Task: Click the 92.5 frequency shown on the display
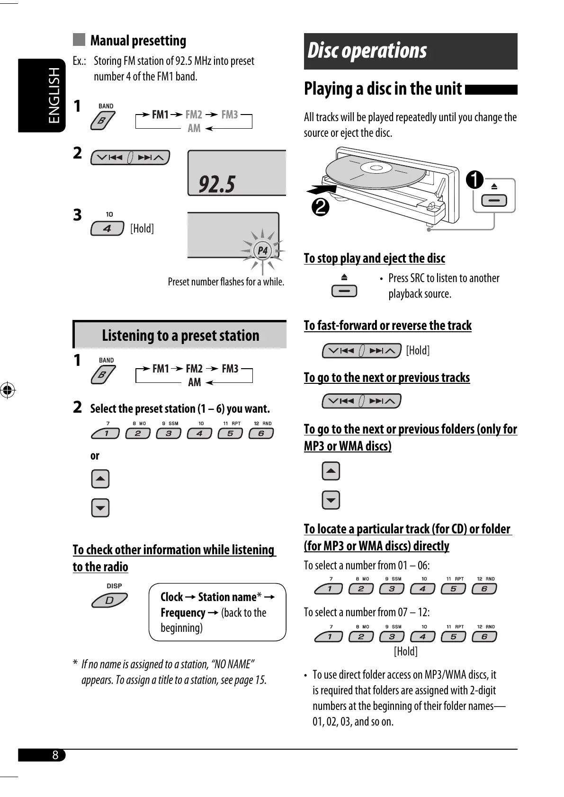(x=217, y=184)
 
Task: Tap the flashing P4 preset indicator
(x=262, y=250)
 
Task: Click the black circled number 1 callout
(x=474, y=180)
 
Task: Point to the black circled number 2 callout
(x=321, y=207)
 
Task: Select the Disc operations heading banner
(x=410, y=51)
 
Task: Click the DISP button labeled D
(x=109, y=601)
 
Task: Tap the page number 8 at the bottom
(x=55, y=755)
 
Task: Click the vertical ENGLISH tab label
(x=55, y=95)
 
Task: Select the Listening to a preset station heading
(x=180, y=336)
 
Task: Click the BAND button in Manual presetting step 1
(x=102, y=121)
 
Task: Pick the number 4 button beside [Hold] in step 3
(x=107, y=229)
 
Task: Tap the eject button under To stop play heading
(x=344, y=291)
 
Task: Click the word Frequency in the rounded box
(x=183, y=613)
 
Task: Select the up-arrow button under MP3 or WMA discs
(x=331, y=471)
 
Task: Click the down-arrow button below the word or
(x=100, y=508)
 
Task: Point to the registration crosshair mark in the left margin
(x=7, y=390)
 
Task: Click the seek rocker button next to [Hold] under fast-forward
(x=361, y=351)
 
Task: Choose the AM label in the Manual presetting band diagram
(x=194, y=128)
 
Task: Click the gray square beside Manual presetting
(x=79, y=40)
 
